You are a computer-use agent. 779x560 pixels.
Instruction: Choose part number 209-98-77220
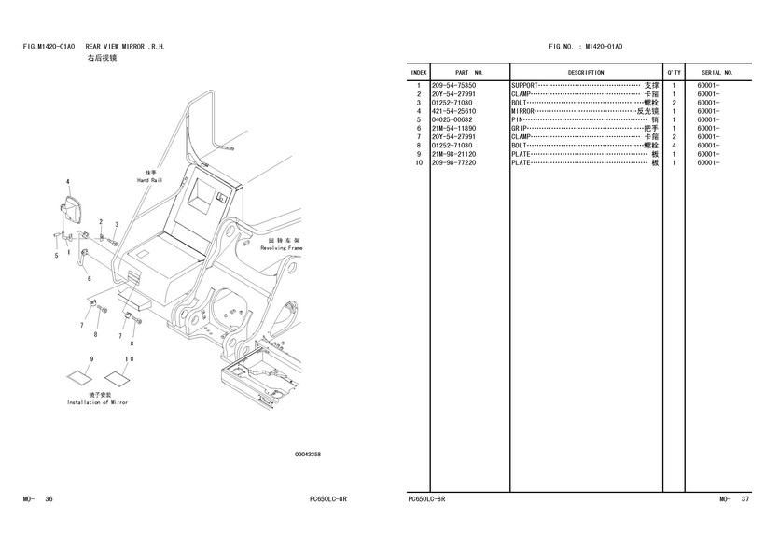(x=453, y=163)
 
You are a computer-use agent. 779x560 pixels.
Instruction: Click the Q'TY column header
(x=674, y=72)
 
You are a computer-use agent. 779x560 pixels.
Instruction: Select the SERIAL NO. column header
(x=717, y=72)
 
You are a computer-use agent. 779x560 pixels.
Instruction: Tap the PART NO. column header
(x=469, y=72)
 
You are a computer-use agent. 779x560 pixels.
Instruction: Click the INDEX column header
(x=419, y=72)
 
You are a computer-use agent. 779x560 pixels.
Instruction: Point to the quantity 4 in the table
(x=674, y=146)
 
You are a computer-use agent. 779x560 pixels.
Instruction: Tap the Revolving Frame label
(x=282, y=249)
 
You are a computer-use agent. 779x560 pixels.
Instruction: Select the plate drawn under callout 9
(x=77, y=379)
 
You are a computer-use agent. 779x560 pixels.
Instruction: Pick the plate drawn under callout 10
(x=117, y=379)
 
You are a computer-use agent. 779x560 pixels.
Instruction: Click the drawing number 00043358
(x=308, y=455)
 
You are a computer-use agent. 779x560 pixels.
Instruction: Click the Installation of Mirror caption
(x=97, y=402)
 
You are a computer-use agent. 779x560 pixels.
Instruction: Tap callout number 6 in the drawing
(x=90, y=278)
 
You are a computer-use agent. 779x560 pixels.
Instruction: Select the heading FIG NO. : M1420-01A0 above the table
(x=586, y=46)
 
